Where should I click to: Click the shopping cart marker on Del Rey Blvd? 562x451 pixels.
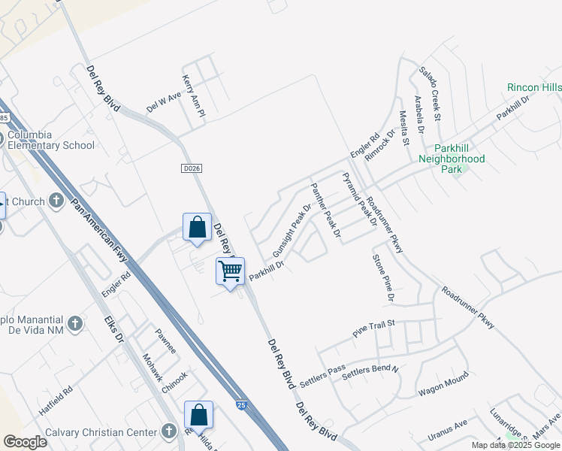pyautogui.click(x=230, y=271)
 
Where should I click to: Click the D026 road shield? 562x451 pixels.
pyautogui.click(x=192, y=168)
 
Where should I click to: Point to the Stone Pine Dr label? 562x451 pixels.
pyautogui.click(x=382, y=278)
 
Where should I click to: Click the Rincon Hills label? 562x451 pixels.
pyautogui.click(x=534, y=88)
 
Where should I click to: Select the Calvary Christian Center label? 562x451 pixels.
pyautogui.click(x=89, y=431)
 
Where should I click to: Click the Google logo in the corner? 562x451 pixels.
pyautogui.click(x=25, y=442)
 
